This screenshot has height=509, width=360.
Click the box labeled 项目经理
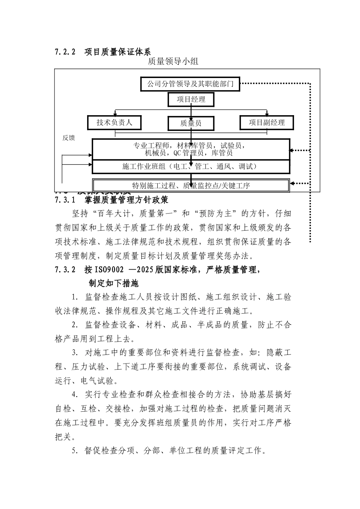(191, 100)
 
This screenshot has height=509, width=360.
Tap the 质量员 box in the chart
(191, 123)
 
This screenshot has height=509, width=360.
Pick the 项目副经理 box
(267, 122)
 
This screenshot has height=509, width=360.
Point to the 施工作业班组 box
(191, 166)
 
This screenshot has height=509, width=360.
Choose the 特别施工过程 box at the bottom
(191, 186)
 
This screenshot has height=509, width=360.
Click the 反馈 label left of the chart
(69, 138)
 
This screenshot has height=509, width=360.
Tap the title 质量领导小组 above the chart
(173, 61)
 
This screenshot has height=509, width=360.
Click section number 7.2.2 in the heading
(66, 52)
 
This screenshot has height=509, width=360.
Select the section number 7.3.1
(66, 199)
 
